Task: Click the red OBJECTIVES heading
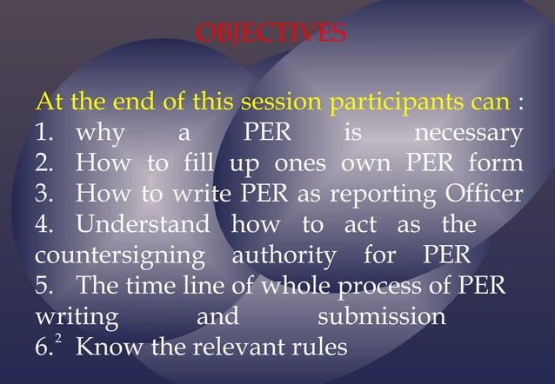pos(271,34)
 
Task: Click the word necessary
pos(468,135)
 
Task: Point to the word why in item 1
pos(100,135)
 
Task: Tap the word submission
pos(381,316)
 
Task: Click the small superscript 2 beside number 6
pos(57,334)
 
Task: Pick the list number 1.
pos(43,135)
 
